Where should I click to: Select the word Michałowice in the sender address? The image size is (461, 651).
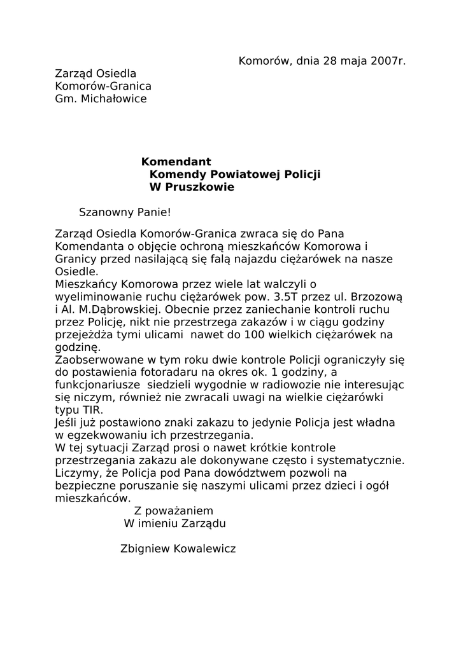(113, 99)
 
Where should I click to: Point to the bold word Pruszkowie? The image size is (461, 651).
(201, 187)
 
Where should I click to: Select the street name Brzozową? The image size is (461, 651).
(378, 297)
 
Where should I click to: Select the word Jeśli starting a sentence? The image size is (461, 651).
(69, 423)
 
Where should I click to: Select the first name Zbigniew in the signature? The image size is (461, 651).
(145, 549)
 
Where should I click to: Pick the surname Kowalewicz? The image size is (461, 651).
(204, 549)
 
